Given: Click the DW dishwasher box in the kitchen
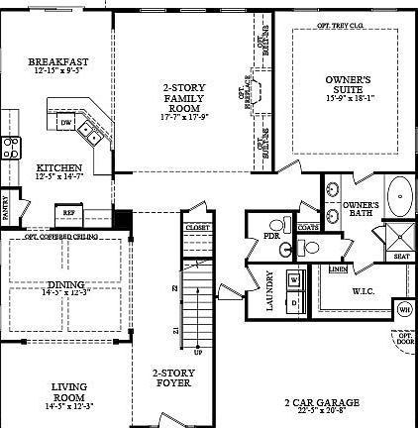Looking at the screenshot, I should [65, 122].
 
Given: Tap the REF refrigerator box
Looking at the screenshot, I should [69, 212].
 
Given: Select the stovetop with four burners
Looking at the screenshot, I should [10, 148].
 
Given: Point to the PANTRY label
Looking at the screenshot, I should [5, 209].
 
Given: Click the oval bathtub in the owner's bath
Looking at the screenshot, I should [400, 197].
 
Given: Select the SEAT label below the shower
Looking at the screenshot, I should [400, 256].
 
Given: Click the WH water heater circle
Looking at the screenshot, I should [404, 309].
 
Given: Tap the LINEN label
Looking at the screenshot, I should [337, 268].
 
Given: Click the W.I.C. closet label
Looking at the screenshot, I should [363, 291].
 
